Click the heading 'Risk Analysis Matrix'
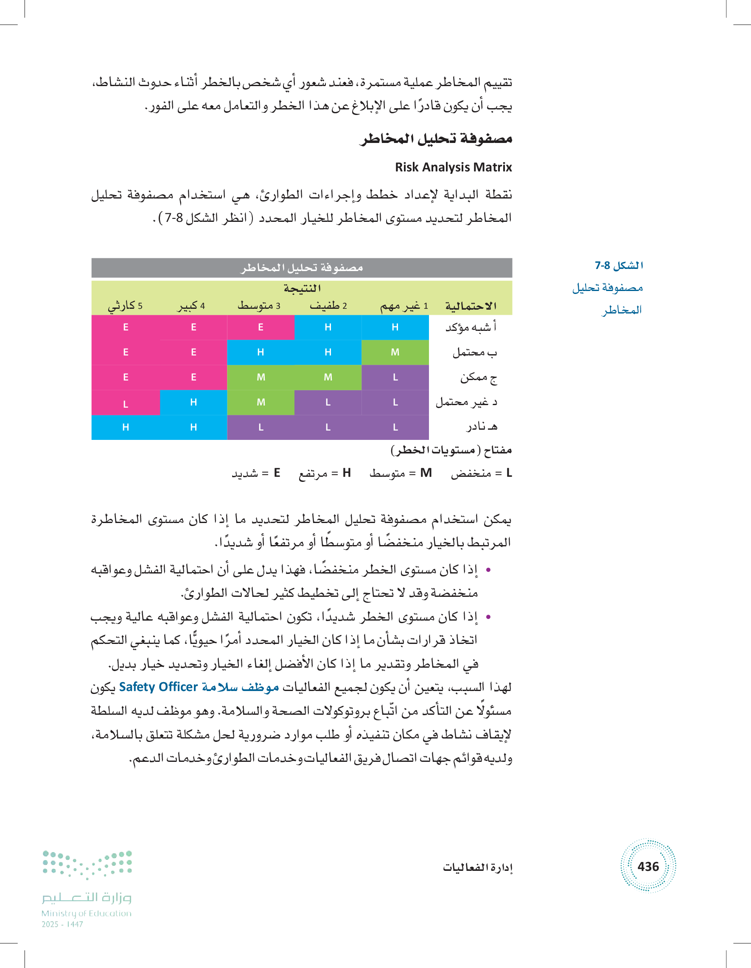(453, 167)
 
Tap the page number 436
(648, 866)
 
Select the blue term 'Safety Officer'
(158, 687)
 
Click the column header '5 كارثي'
(126, 306)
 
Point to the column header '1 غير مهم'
(404, 306)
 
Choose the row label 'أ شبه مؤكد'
(471, 327)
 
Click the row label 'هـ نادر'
(482, 427)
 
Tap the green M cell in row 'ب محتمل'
(395, 353)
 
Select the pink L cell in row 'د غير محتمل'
(126, 403)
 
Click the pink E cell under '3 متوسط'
(261, 327)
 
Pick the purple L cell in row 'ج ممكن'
(395, 377)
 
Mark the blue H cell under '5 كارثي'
(126, 427)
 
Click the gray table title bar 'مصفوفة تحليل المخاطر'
(302, 268)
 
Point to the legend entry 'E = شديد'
(256, 473)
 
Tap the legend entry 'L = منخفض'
(481, 473)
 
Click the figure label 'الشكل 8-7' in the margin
(619, 266)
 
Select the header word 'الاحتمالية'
(471, 306)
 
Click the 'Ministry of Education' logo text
(87, 913)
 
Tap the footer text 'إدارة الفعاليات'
(477, 867)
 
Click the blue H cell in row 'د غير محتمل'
(193, 403)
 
